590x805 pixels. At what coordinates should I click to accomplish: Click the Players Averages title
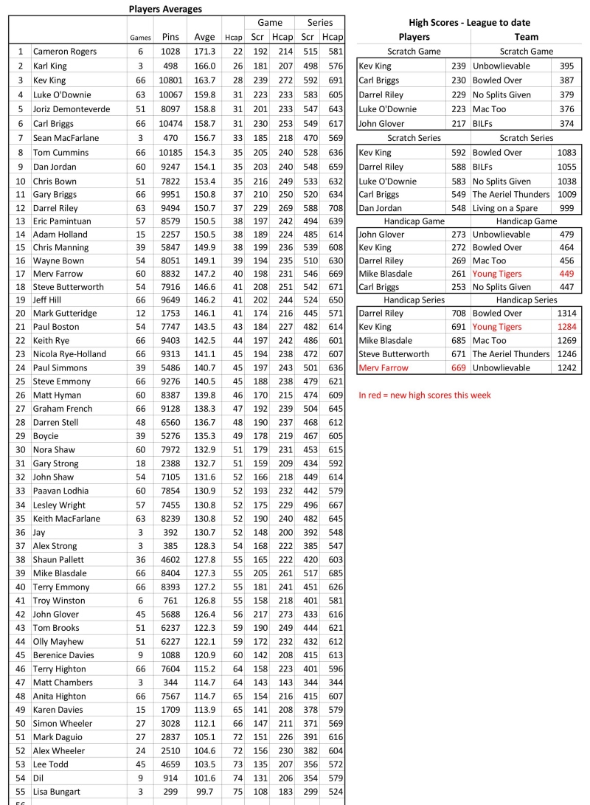pos(165,9)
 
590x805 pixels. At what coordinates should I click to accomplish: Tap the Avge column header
pos(204,37)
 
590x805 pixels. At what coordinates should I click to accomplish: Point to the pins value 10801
pos(172,80)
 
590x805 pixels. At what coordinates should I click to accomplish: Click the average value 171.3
pos(204,52)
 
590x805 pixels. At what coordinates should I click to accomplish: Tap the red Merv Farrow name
pos(383,368)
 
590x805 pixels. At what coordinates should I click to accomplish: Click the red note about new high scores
pos(425,395)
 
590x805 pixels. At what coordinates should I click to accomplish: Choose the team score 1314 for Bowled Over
pos(566,313)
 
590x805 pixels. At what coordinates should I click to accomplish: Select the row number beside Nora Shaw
pos(20,449)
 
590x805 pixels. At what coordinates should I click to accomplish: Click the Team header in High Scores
pos(526,37)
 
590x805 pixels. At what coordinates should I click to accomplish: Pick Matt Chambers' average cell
pos(204,683)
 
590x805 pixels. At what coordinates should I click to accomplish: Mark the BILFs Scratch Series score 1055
pos(566,167)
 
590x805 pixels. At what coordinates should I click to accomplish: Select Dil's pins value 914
pos(172,776)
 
